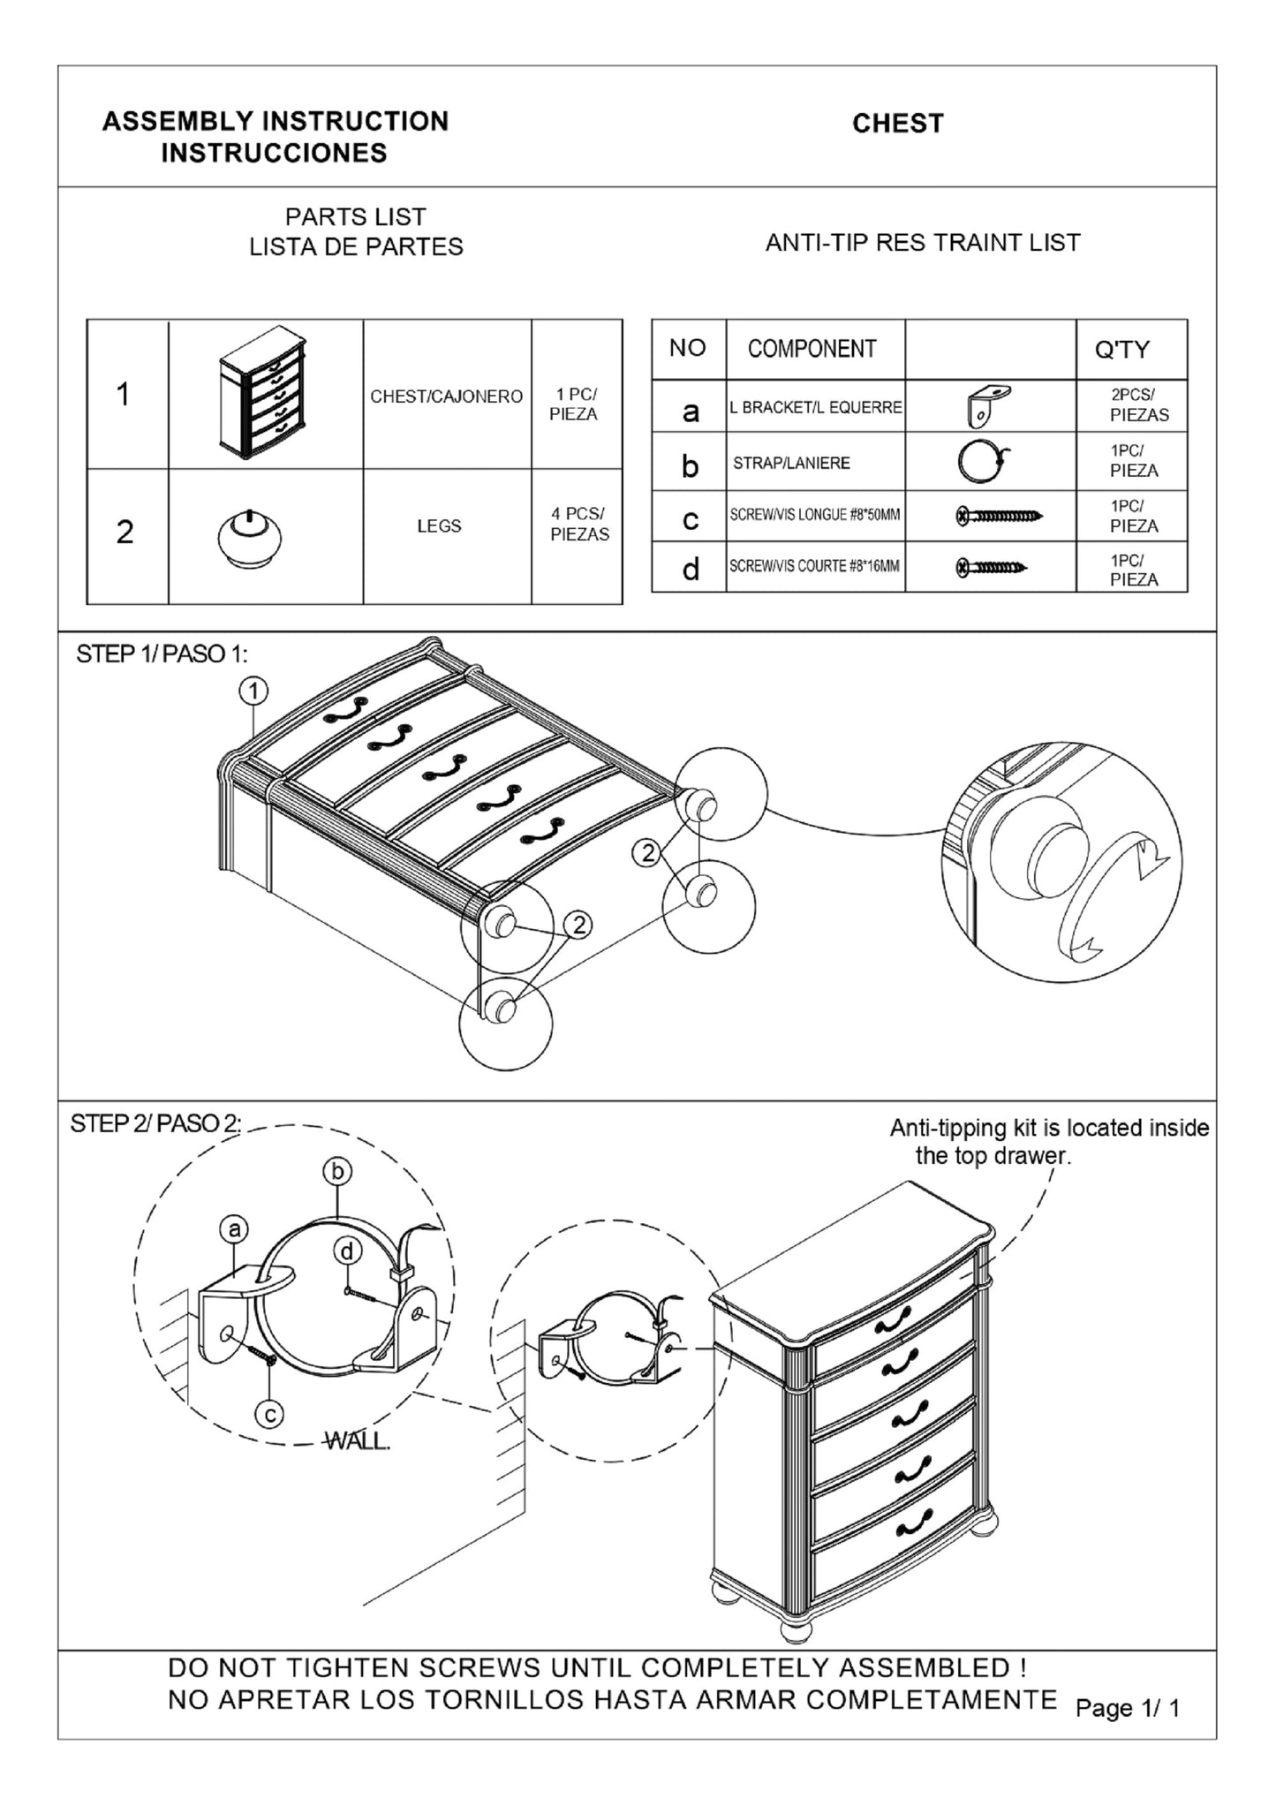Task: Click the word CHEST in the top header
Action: pyautogui.click(x=897, y=124)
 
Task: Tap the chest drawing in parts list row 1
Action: pyautogui.click(x=263, y=394)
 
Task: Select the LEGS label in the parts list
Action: pyautogui.click(x=439, y=526)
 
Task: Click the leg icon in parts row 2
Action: pyautogui.click(x=250, y=537)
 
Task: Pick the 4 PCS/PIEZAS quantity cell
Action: pyautogui.click(x=579, y=524)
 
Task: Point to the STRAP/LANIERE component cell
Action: pyautogui.click(x=791, y=463)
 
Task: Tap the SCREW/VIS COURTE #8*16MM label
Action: pyautogui.click(x=814, y=566)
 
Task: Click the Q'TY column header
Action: pyautogui.click(x=1121, y=351)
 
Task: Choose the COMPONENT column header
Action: pyautogui.click(x=812, y=350)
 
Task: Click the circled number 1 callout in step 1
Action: pyautogui.click(x=254, y=691)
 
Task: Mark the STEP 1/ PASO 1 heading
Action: pyautogui.click(x=162, y=654)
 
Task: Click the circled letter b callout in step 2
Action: pyautogui.click(x=337, y=1172)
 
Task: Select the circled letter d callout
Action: pyautogui.click(x=349, y=1251)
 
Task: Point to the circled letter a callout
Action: pyautogui.click(x=234, y=1229)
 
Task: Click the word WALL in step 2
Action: pyautogui.click(x=358, y=1441)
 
